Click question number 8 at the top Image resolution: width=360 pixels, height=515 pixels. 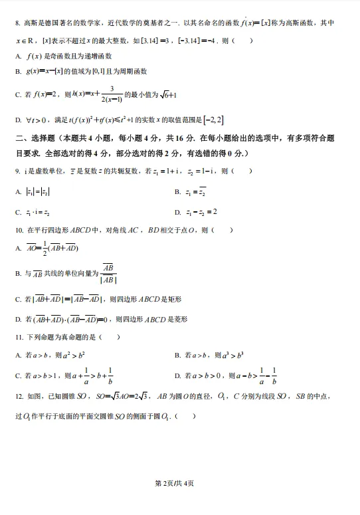[x=17, y=24]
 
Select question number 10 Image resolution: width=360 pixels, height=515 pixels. [x=19, y=231]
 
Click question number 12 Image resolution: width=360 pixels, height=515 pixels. [x=19, y=397]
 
